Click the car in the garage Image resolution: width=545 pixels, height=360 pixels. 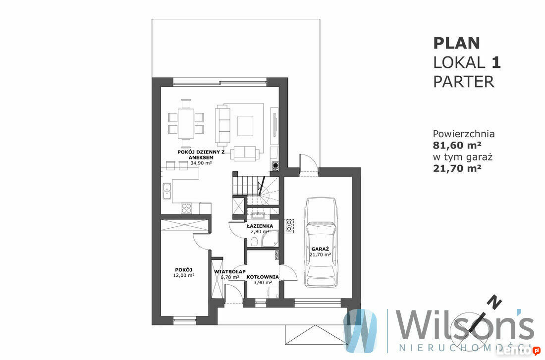(x=321, y=242)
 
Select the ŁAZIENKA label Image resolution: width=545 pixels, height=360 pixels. (x=260, y=226)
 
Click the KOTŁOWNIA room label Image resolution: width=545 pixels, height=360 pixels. (x=263, y=277)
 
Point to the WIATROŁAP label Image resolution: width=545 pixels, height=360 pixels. (x=230, y=271)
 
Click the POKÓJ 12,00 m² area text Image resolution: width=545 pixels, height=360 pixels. (x=183, y=275)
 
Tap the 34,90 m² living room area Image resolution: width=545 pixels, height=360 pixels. (x=201, y=162)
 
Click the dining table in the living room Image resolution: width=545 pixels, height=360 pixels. (x=186, y=123)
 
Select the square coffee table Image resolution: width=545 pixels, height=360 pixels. (x=245, y=126)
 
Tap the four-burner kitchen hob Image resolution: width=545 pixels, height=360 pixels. (x=186, y=208)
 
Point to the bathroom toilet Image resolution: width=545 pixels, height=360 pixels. (x=254, y=241)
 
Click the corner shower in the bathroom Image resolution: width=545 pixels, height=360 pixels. (x=270, y=238)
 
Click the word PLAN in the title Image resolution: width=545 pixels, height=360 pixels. (x=456, y=44)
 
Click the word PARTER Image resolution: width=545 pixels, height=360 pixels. (x=463, y=82)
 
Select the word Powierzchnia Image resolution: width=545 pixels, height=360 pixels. (x=464, y=134)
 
